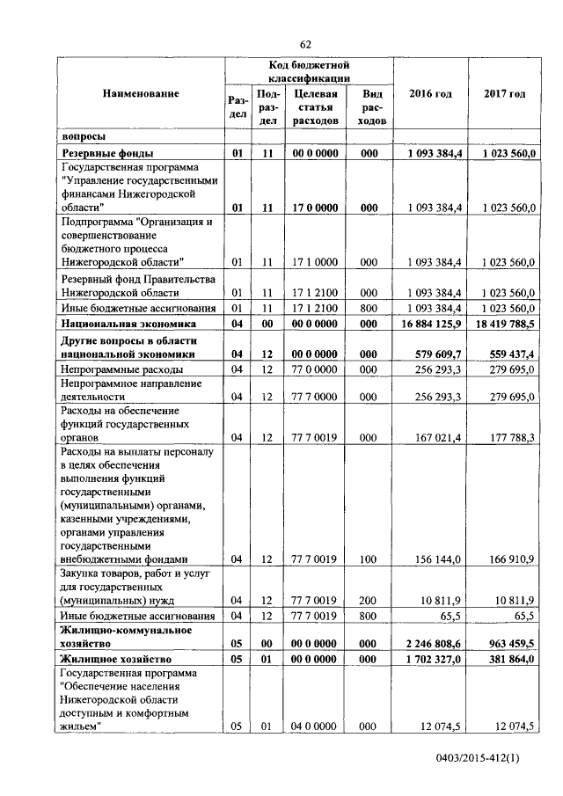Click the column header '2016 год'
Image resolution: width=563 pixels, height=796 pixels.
pos(431,94)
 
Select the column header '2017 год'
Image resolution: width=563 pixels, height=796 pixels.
pos(504,94)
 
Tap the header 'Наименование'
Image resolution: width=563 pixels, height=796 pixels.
pos(141,93)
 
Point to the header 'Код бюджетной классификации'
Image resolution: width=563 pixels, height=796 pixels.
pos(310,72)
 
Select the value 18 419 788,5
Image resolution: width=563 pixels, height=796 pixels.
pos(502,324)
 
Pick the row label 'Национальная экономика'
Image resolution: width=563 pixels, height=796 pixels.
pos(119,324)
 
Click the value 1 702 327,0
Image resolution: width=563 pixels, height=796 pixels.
pos(433,659)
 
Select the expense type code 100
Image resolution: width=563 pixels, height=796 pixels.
pos(369,559)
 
